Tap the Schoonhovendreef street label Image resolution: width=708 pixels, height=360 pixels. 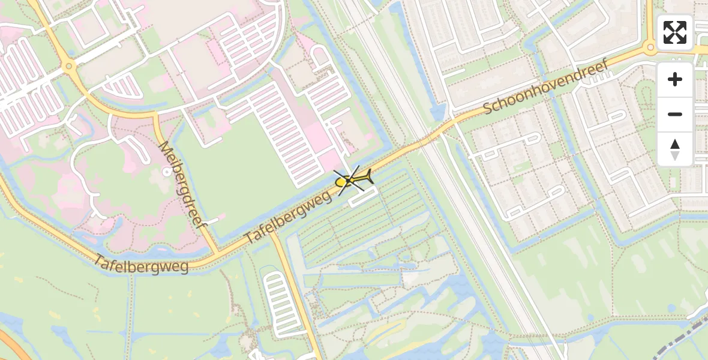click(x=545, y=86)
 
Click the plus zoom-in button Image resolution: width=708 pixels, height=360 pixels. click(x=675, y=79)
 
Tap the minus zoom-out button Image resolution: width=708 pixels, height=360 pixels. click(x=675, y=114)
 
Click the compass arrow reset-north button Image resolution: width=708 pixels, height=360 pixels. click(x=675, y=149)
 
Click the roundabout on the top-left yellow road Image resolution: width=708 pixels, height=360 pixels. click(x=69, y=65)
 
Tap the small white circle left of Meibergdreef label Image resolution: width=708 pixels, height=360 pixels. click(x=166, y=172)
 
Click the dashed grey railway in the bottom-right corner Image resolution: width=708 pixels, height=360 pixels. click(x=690, y=331)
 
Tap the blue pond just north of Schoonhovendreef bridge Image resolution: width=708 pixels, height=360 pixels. click(x=439, y=111)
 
